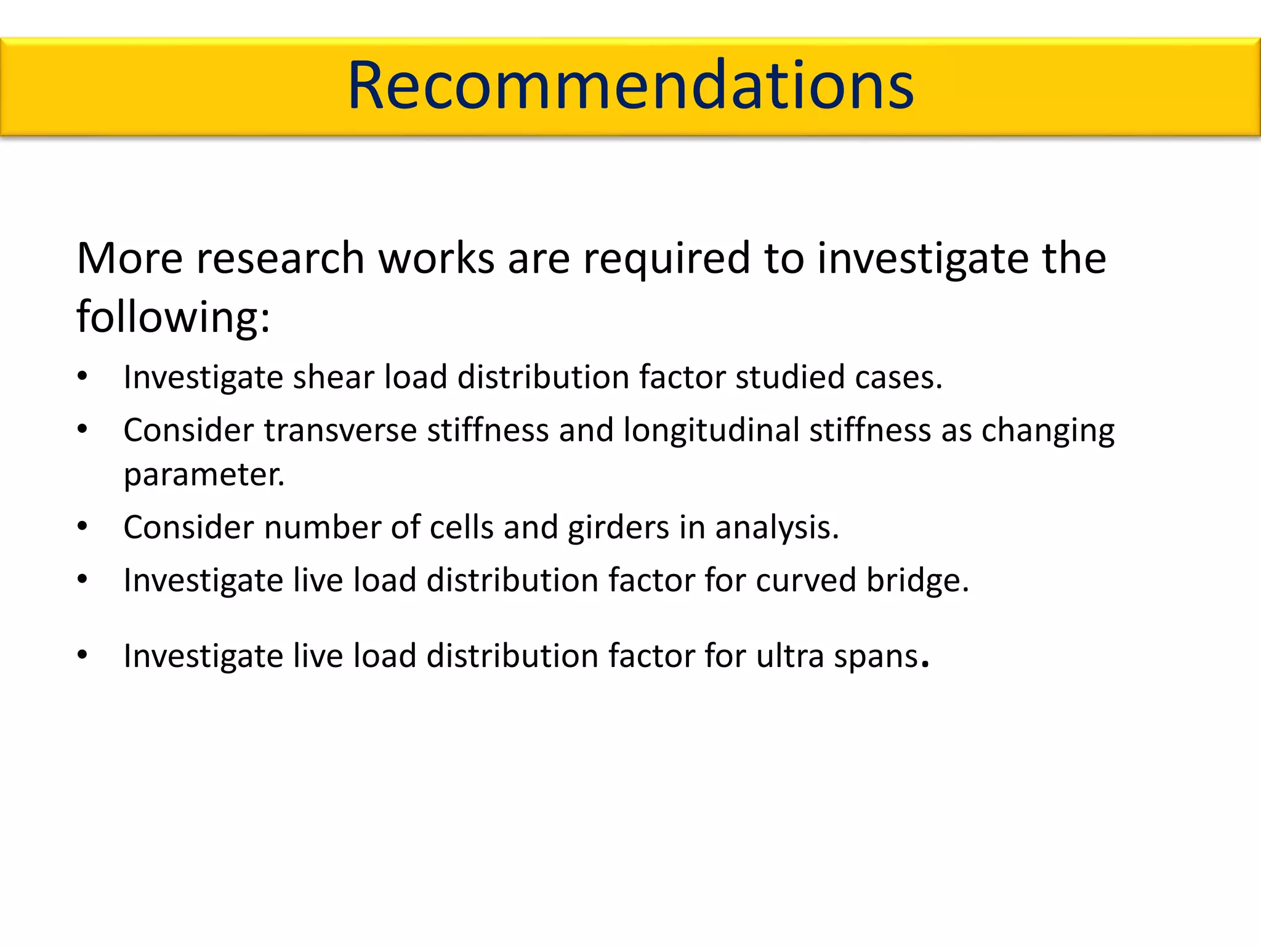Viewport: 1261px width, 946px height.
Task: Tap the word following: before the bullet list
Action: (173, 317)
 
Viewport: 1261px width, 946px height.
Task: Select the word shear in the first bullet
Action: (333, 377)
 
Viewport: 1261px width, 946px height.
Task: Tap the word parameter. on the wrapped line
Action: (204, 475)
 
